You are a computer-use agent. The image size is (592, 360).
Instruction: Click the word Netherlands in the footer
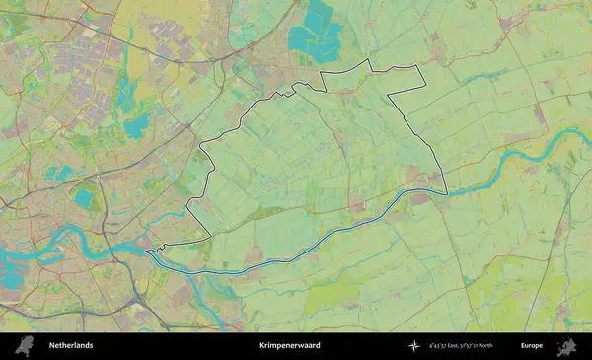71,346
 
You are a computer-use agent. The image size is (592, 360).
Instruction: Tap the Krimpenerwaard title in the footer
290,346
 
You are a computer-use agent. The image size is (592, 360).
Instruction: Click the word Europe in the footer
532,346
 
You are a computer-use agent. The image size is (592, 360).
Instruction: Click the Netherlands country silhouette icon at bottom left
31,346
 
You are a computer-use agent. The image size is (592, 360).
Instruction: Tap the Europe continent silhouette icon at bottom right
566,346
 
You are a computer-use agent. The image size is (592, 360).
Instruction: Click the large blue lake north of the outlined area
316,30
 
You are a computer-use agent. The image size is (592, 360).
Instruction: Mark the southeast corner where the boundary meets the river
446,193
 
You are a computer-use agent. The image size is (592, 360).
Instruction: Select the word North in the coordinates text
509,346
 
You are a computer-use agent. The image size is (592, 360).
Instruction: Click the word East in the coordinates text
460,346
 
